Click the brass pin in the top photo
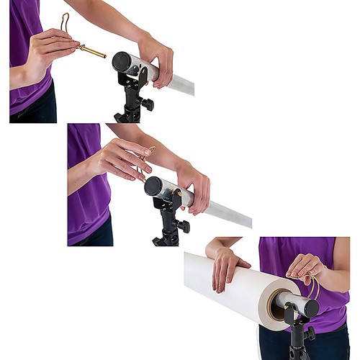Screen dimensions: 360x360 tap(92, 51)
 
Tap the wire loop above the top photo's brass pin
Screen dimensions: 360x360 tap(65, 22)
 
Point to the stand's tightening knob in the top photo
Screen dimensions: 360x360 tap(148, 104)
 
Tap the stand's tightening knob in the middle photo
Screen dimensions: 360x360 tap(183, 226)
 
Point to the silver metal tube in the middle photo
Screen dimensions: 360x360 tap(223, 212)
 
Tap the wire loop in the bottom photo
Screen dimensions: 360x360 tap(315, 286)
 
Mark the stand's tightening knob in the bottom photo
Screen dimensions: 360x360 tap(310, 334)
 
